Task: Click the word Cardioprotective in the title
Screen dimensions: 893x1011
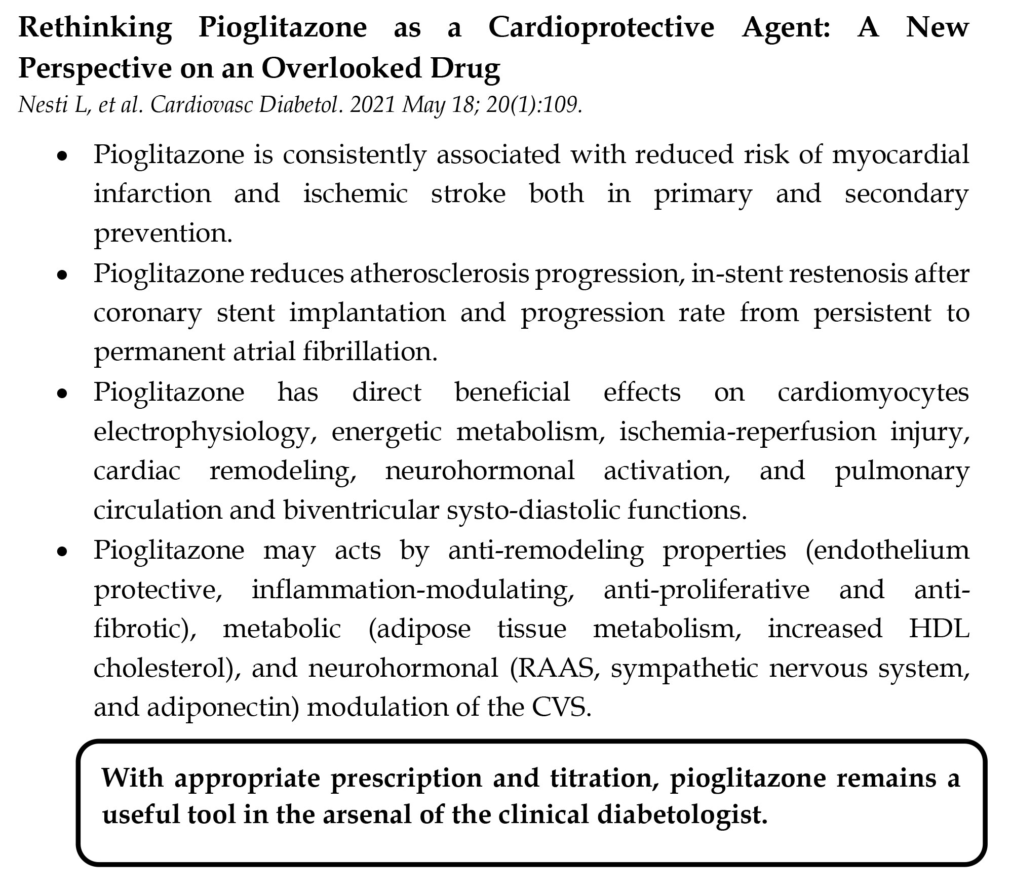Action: (601, 27)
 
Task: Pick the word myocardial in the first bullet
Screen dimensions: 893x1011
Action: (900, 154)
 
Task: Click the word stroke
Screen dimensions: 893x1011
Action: (468, 194)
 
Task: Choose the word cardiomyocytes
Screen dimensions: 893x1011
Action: (873, 392)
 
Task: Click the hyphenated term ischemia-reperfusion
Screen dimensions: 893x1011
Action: (747, 432)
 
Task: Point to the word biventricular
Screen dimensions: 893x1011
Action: (361, 511)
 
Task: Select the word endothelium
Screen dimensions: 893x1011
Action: (887, 550)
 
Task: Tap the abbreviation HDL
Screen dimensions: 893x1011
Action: (939, 629)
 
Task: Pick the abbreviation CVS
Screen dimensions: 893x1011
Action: (561, 708)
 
